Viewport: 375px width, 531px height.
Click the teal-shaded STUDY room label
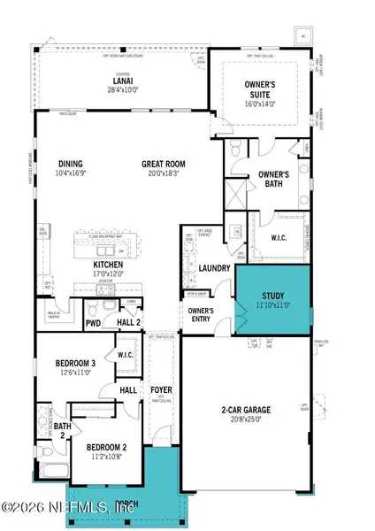273,297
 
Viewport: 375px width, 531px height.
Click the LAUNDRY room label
215,268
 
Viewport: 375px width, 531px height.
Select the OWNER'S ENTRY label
198,314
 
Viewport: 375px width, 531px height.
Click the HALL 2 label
130,322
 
